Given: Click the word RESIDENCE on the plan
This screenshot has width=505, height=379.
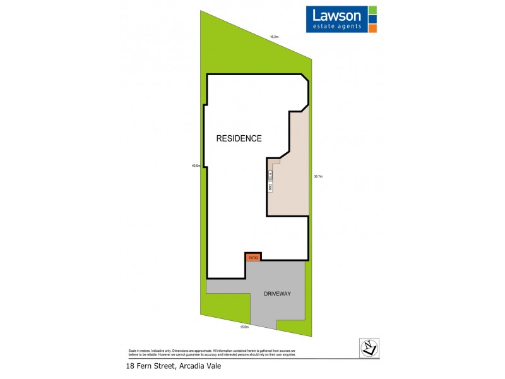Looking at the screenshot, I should pos(239,138).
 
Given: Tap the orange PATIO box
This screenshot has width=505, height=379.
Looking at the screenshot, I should pos(253,258).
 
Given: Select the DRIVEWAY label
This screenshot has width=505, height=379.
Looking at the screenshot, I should pos(278,294).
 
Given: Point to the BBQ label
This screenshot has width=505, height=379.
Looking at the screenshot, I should pos(270,187).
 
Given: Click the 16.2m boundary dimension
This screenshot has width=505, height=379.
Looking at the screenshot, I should pos(274,37).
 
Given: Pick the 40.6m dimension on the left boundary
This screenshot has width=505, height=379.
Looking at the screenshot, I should pos(196,166).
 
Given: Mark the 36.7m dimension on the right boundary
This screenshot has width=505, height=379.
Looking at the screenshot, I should pos(318,176).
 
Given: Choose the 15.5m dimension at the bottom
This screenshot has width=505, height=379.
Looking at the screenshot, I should pos(244,327).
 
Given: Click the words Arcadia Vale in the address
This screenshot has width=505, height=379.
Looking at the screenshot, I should pos(201,366).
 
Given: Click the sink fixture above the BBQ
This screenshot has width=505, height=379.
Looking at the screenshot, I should pos(270,172).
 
